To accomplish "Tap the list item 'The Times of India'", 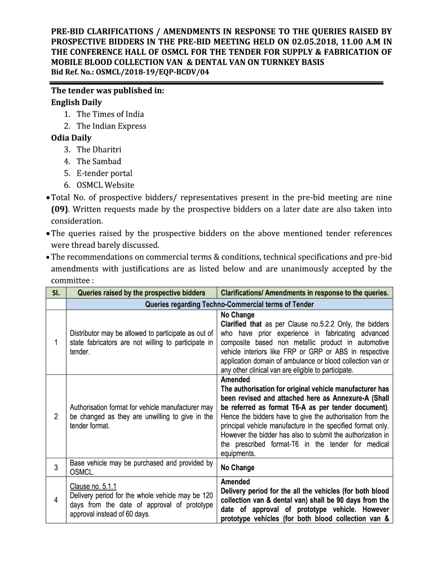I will pyautogui.click(x=110, y=114).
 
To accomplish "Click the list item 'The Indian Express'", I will pyautogui.click(x=111, y=126).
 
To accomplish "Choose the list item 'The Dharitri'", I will pyautogui.click(x=99, y=150).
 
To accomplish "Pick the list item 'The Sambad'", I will pyautogui.click(x=99, y=161).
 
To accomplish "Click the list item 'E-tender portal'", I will pyautogui.click(x=104, y=173).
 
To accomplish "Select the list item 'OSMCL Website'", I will pyautogui.click(x=105, y=185).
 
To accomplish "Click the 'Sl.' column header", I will pyautogui.click(x=56, y=293).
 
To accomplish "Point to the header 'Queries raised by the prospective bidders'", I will pyautogui.click(x=141, y=293).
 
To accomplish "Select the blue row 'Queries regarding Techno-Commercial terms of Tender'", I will pyautogui.click(x=229, y=304).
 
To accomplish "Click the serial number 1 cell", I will pyautogui.click(x=56, y=342).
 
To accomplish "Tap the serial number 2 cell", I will pyautogui.click(x=56, y=417).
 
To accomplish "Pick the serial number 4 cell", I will pyautogui.click(x=56, y=500).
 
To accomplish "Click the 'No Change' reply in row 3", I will pyautogui.click(x=237, y=467).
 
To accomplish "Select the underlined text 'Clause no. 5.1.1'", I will pyautogui.click(x=93, y=486).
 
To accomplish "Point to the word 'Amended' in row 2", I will pyautogui.click(x=235, y=380).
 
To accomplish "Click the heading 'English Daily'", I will pyautogui.click(x=77, y=102).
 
